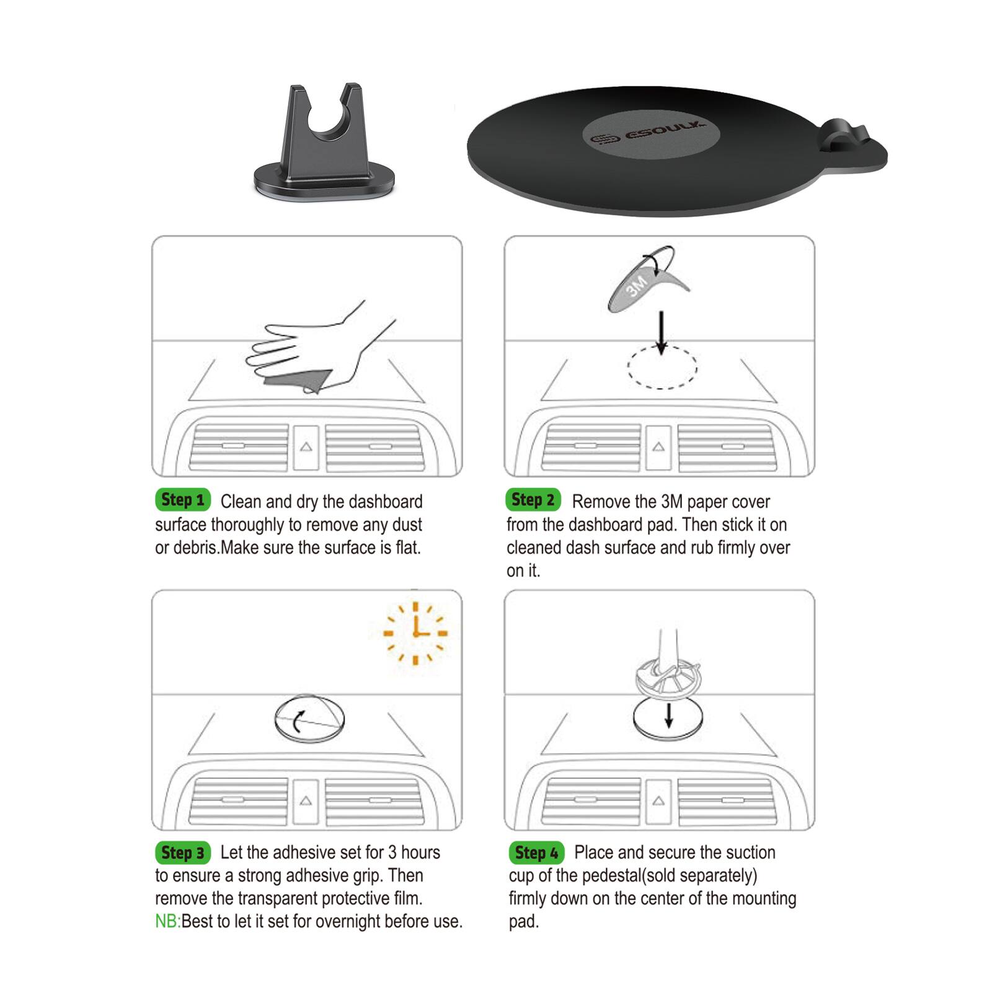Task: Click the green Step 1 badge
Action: click(x=183, y=500)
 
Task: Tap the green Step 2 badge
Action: click(x=533, y=500)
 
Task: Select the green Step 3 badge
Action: click(x=183, y=852)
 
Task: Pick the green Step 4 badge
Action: click(x=536, y=852)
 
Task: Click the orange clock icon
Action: click(x=415, y=633)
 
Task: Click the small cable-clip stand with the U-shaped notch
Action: click(x=324, y=144)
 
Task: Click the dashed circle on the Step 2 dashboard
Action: click(x=662, y=368)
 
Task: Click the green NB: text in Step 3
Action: click(x=167, y=921)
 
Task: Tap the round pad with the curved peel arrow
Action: click(x=309, y=718)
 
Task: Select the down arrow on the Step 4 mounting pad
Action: click(x=668, y=714)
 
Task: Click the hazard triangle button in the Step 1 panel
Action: click(x=306, y=446)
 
